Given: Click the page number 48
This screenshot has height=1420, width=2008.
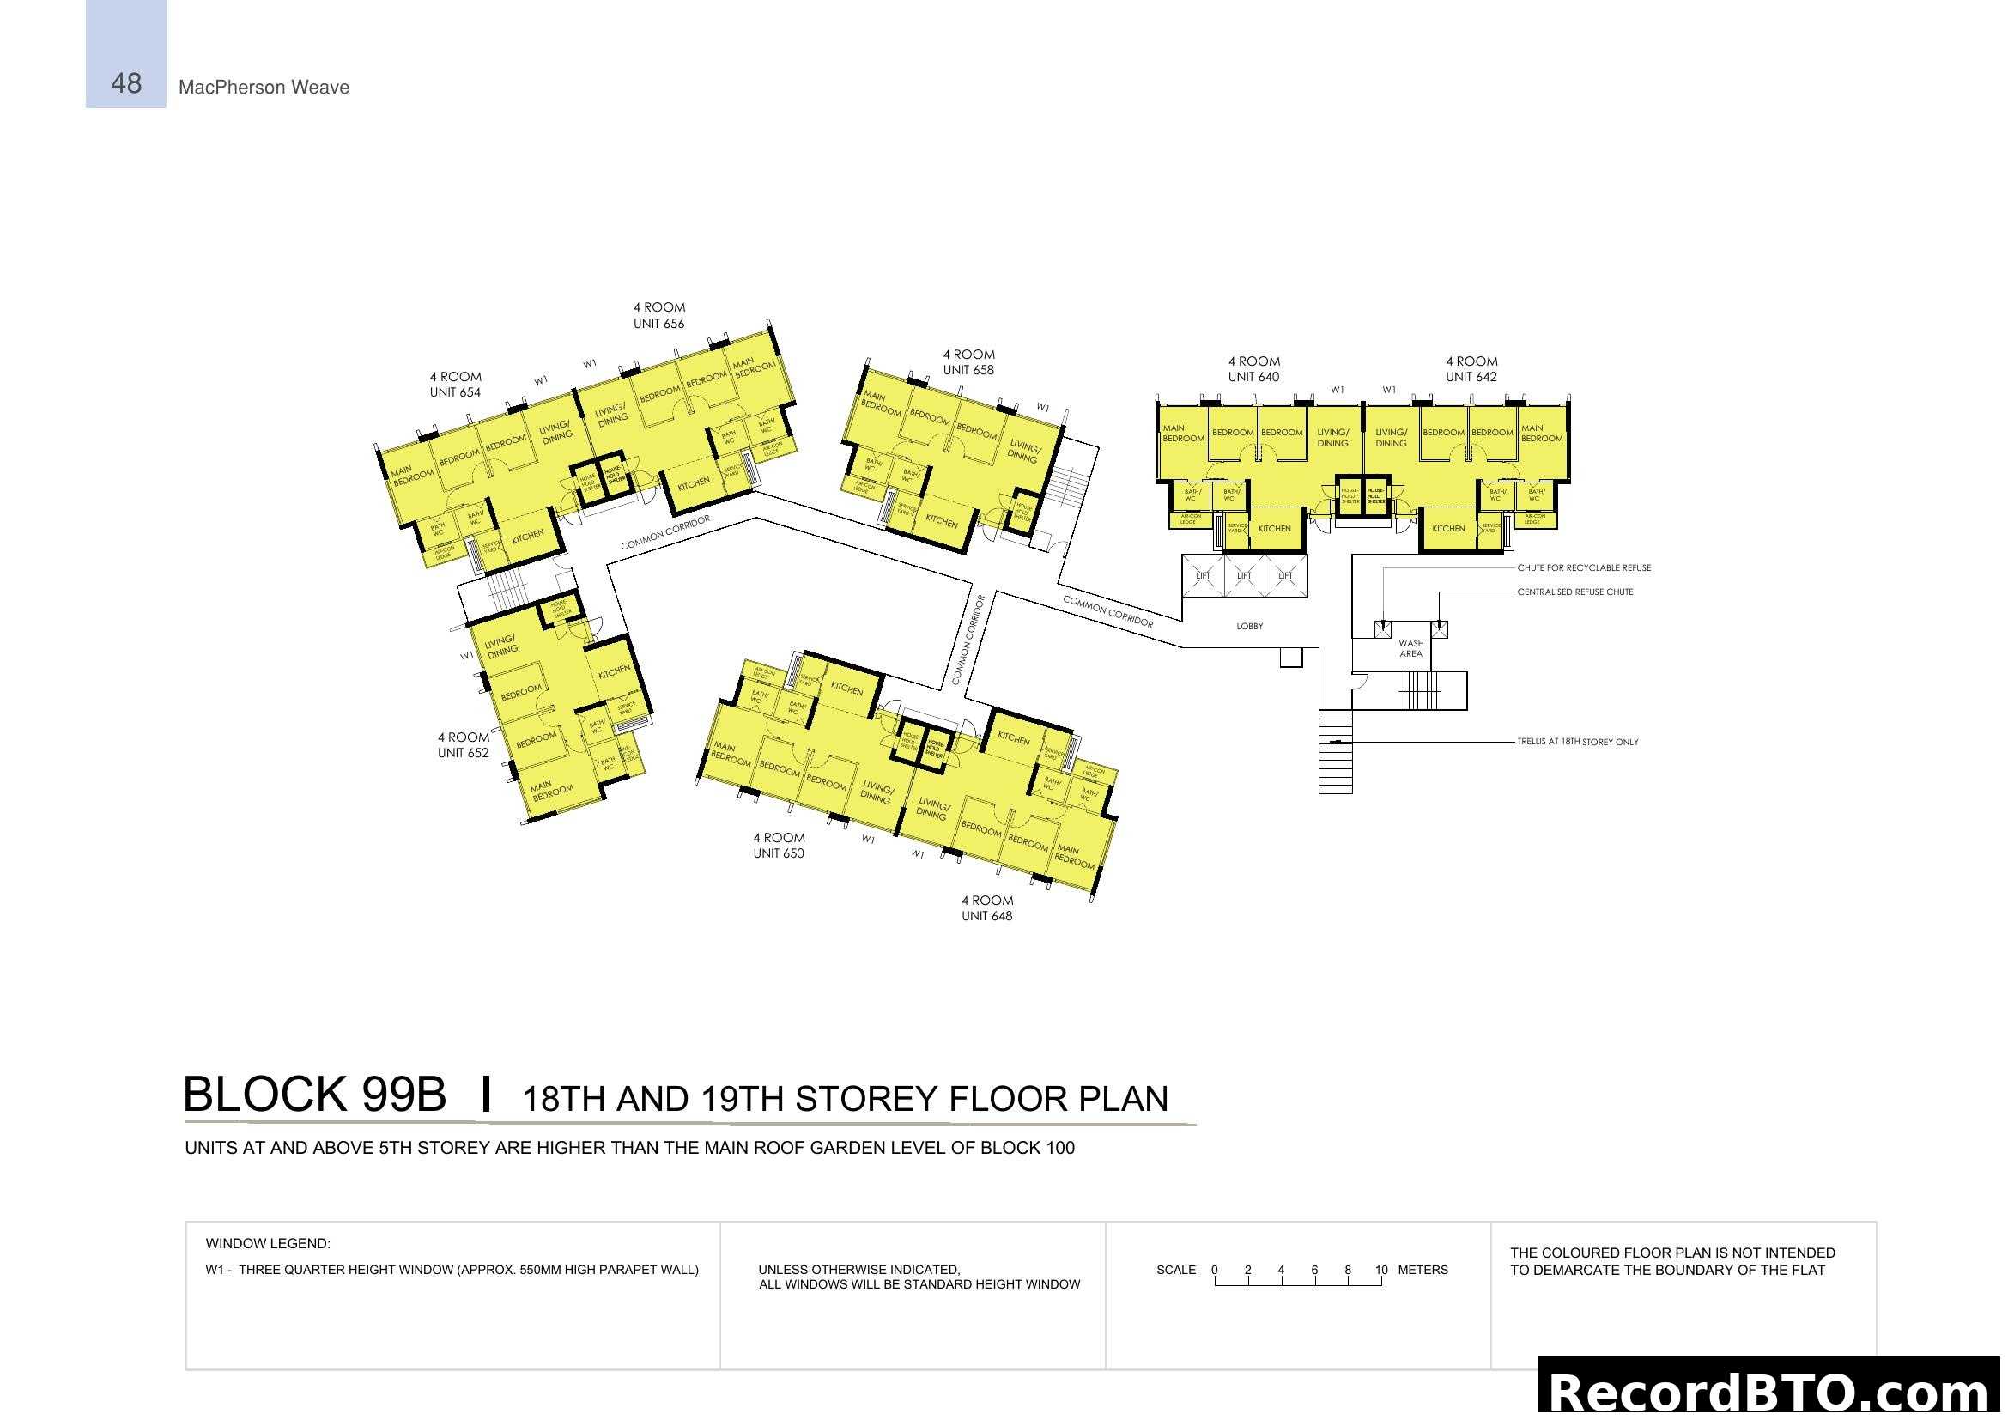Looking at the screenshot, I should pos(126,84).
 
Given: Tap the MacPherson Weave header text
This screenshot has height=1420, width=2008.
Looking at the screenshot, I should pos(264,88).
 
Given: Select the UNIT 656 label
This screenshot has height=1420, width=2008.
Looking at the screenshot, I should pos(658,324).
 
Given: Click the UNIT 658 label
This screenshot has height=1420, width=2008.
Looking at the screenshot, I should pos(968,370).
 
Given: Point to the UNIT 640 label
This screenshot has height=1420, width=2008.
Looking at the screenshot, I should pos(1253,377).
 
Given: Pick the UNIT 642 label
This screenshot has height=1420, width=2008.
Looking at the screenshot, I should pos(1471,377).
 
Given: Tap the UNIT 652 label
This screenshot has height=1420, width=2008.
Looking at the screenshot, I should pos(463,753).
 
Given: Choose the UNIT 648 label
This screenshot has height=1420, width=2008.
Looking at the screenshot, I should pos(986,915).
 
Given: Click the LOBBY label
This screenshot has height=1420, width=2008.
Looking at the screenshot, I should pos(1250,626).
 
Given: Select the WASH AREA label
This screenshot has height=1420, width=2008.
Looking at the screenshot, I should pos(1410,648).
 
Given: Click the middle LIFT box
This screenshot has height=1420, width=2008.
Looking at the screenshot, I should pos(1244,575).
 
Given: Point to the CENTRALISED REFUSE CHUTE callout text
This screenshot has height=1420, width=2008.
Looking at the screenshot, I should pos(1575,592).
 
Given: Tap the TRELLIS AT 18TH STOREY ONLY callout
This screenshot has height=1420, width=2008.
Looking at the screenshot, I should pos(1578,742).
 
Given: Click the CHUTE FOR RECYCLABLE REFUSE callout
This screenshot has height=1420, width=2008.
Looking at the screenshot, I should pos(1584,567).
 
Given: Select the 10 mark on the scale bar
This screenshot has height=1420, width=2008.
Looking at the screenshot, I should pos(1381,1270).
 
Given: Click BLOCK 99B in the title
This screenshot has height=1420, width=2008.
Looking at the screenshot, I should pos(314,1095).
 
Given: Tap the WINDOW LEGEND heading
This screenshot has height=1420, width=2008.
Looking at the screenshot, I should pos(268,1243).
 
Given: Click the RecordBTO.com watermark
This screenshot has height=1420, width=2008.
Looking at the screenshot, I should pos(1772,1392).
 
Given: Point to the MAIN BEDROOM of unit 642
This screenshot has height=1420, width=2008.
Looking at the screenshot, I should pos(1541,434).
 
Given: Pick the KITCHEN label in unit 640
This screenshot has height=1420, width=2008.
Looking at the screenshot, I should pos(1274,528).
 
